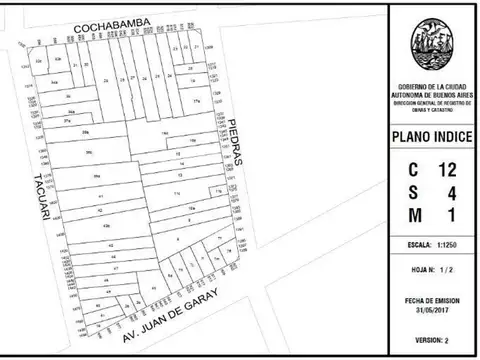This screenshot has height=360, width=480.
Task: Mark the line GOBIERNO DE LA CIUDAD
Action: [432, 88]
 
